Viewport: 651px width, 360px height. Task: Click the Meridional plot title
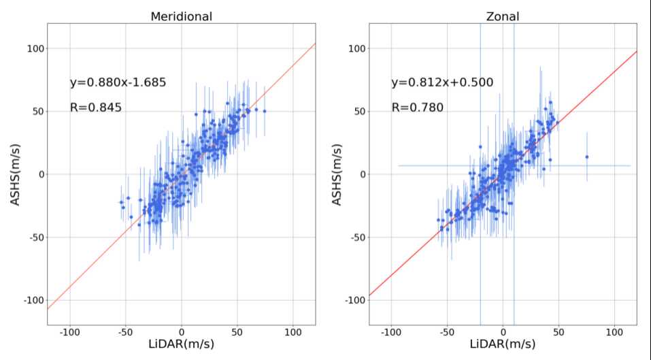(181, 16)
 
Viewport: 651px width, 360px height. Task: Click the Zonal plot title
(503, 16)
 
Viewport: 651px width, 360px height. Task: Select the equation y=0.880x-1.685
(118, 83)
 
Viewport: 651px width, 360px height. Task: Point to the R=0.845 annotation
(96, 107)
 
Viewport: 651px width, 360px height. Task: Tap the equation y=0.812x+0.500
(442, 83)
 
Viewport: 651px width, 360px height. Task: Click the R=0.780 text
(417, 107)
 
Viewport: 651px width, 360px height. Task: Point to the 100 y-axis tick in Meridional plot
(35, 49)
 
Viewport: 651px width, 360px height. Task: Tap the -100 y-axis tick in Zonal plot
(355, 300)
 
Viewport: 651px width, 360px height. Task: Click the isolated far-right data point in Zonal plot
(586, 157)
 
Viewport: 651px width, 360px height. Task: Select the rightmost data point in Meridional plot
(265, 110)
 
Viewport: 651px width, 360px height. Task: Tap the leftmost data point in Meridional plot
(121, 202)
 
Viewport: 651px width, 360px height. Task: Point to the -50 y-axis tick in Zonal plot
(357, 238)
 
